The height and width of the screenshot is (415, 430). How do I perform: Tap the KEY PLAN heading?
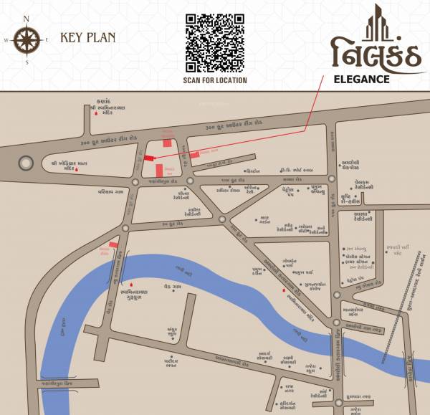(87, 37)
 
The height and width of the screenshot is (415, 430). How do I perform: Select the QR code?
(215, 40)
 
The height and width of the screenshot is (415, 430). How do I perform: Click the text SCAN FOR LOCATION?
(215, 80)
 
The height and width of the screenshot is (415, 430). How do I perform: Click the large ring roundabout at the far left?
(26, 163)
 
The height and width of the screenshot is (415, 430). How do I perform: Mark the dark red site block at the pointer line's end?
(149, 158)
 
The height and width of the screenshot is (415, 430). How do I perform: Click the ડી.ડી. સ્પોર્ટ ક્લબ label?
(296, 170)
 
